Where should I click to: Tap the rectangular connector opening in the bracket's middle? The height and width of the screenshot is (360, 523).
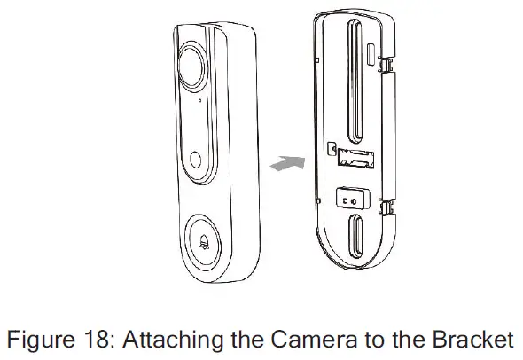353,160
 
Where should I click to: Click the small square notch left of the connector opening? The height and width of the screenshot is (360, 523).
331,151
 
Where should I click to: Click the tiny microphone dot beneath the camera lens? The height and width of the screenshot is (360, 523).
200,100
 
